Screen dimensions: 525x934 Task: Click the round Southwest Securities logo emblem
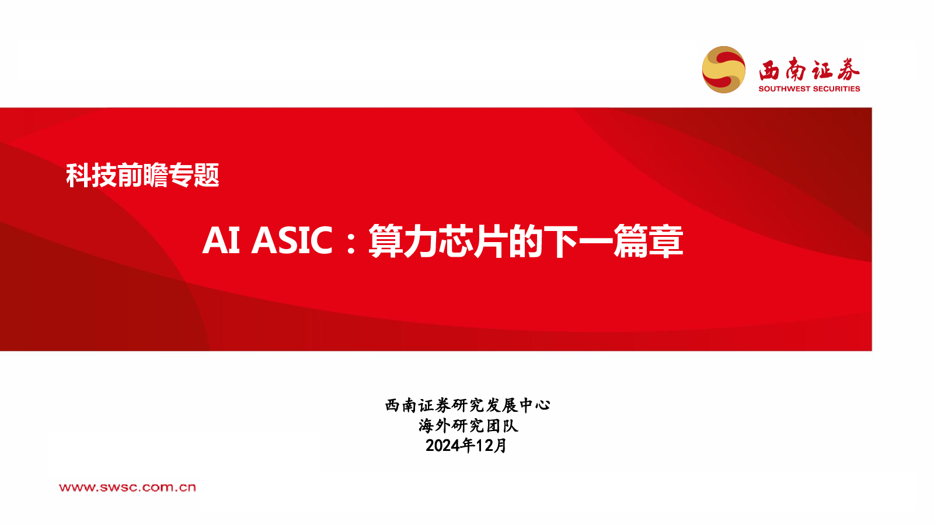[724, 70]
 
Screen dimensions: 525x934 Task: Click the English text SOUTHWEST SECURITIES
[809, 89]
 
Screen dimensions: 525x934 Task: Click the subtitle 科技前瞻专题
[142, 175]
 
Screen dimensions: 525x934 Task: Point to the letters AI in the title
[221, 240]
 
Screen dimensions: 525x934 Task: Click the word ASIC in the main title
[292, 240]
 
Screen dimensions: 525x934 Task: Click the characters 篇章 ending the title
[648, 241]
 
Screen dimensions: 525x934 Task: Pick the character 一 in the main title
[595, 242]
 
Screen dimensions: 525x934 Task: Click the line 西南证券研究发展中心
[468, 405]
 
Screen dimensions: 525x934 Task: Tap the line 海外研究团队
[468, 425]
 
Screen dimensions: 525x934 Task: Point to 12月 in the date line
[492, 446]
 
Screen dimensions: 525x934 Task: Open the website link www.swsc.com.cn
[127, 487]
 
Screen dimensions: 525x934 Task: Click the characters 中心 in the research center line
[535, 405]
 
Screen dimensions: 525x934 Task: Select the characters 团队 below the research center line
[502, 425]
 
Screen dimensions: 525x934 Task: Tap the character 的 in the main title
[525, 241]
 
